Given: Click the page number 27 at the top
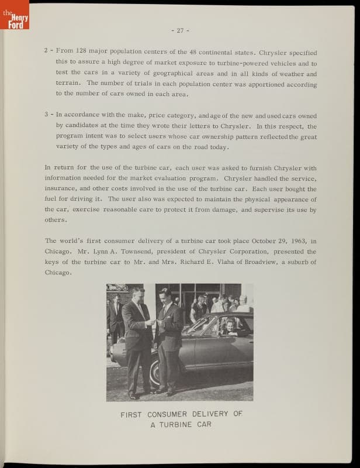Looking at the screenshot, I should click(x=179, y=30).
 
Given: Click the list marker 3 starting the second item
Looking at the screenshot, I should click(x=46, y=114).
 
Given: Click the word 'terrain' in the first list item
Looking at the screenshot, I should click(x=67, y=83).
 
